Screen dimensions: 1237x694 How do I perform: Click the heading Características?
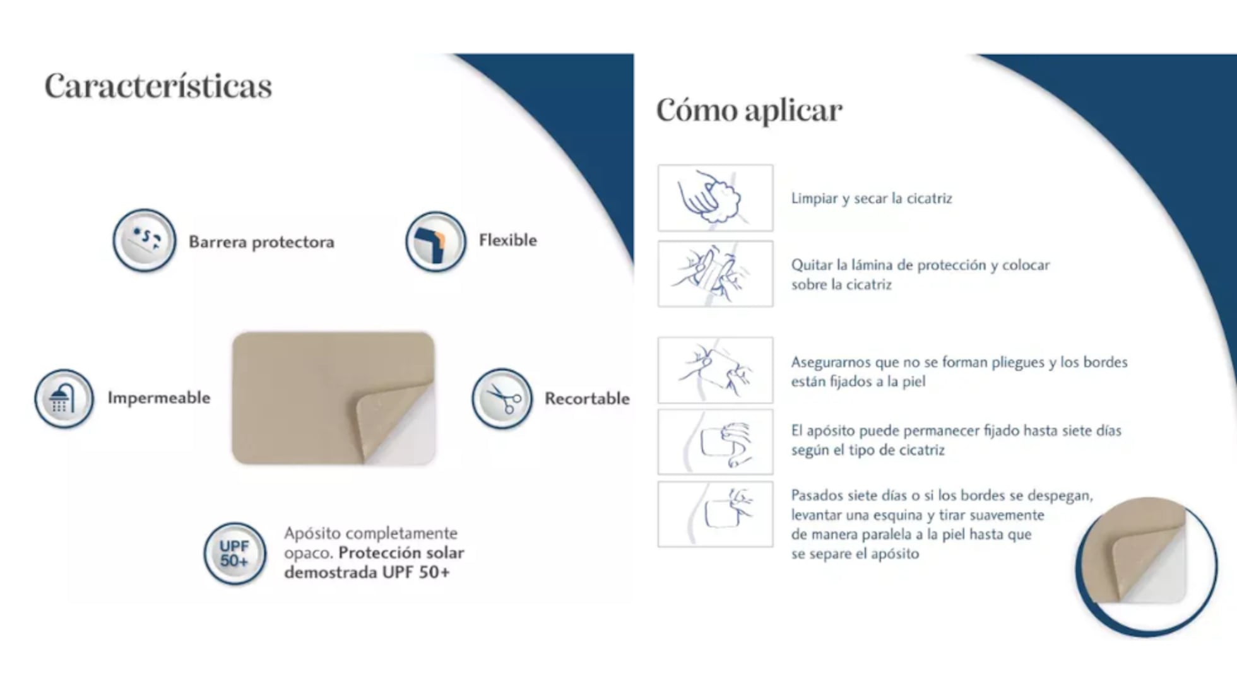click(158, 86)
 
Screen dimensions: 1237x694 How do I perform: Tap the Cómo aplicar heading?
click(749, 110)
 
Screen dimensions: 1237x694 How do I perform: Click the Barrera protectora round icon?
click(145, 240)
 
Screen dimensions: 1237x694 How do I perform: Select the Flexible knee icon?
click(435, 241)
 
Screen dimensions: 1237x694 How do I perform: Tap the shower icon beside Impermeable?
click(64, 399)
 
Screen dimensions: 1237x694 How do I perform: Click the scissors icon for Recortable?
click(502, 399)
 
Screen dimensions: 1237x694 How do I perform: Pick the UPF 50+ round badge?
click(235, 553)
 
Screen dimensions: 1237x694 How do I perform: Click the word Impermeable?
click(158, 397)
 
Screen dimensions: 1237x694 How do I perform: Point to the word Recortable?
click(587, 398)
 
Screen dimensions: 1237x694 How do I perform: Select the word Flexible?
click(507, 240)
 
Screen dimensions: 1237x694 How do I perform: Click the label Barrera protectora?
click(261, 242)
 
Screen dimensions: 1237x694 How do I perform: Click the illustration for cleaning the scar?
click(715, 198)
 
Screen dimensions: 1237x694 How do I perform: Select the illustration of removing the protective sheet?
click(715, 274)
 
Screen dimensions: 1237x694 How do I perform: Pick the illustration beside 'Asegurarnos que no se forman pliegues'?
click(715, 370)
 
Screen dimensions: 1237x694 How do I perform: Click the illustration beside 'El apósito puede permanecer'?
click(715, 442)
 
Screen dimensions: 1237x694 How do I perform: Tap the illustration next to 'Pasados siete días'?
click(715, 514)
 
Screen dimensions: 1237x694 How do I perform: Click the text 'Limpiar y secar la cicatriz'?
click(872, 198)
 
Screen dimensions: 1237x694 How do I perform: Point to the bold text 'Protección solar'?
click(401, 553)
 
